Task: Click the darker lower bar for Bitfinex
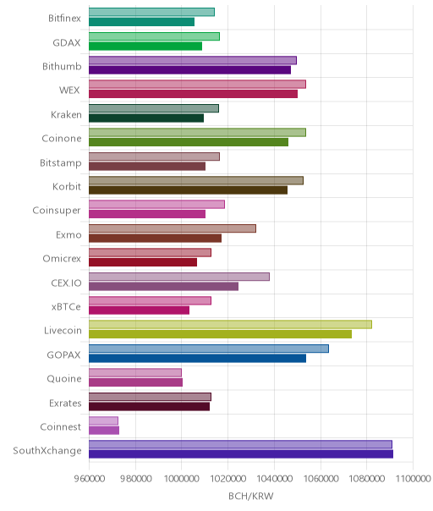click(142, 22)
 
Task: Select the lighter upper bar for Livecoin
click(230, 324)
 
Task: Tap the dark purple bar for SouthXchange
click(241, 454)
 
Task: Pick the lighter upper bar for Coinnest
click(104, 420)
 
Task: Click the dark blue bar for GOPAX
click(197, 358)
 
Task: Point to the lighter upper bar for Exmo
click(173, 228)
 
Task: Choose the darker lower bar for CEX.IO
click(163, 287)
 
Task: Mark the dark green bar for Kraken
click(146, 118)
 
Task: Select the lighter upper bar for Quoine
click(135, 372)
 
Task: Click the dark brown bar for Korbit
click(188, 190)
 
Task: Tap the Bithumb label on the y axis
click(62, 67)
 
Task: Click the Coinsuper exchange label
click(57, 211)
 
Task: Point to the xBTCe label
click(66, 306)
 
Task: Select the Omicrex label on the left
click(62, 258)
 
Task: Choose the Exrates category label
click(65, 403)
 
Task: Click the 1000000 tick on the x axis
click(181, 478)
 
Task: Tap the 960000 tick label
click(90, 478)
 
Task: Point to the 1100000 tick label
click(413, 478)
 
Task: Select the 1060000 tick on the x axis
click(321, 478)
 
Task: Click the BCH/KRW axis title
click(251, 496)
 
